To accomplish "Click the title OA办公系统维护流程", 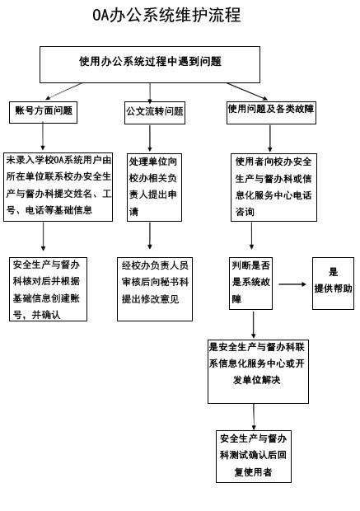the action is click(x=166, y=16).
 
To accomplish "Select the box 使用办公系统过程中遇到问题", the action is click(x=150, y=64).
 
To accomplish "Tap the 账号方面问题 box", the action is click(x=43, y=112).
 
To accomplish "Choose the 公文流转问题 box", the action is click(x=155, y=113).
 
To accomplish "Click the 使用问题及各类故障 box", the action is click(x=271, y=112).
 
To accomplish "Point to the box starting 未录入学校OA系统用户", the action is click(x=58, y=187).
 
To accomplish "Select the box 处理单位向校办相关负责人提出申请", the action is click(x=154, y=187).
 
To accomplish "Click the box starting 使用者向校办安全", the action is click(x=274, y=187).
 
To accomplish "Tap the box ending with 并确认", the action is click(x=49, y=289).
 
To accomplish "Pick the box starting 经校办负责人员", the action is click(x=155, y=289).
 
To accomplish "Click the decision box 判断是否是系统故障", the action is click(x=251, y=284).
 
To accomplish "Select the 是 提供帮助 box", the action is click(x=333, y=284).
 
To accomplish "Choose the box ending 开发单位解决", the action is click(x=258, y=372).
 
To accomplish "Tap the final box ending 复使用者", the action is click(x=254, y=457).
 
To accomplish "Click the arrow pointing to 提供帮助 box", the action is click(x=292, y=284).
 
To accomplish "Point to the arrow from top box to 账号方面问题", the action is click(x=63, y=91).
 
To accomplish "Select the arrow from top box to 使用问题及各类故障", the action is click(x=247, y=91).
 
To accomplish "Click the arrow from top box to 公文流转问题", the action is click(x=150, y=93).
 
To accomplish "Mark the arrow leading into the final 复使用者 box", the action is click(x=254, y=417).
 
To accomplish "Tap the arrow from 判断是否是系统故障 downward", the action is click(x=254, y=325).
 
